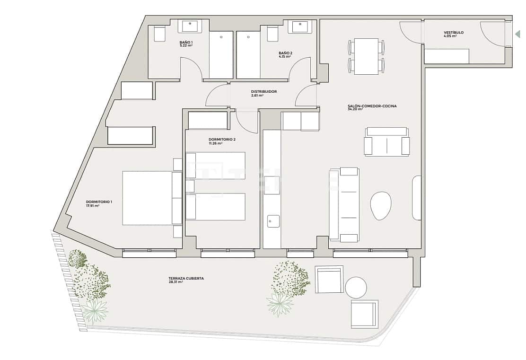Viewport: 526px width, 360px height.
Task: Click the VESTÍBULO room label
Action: point(454,33)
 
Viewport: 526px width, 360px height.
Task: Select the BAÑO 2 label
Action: point(286,53)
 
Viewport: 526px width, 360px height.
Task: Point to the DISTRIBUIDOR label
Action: point(263,91)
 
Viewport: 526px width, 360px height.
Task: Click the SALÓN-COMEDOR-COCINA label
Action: point(368,105)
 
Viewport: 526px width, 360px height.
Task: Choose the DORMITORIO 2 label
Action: point(222,139)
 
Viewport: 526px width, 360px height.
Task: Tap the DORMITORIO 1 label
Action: point(99,202)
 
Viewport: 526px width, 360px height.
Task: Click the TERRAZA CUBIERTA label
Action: point(186,278)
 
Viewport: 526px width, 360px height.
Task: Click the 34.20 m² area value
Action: point(355,109)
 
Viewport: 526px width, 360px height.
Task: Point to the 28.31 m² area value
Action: point(175,282)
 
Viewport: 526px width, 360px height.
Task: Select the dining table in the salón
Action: point(366,56)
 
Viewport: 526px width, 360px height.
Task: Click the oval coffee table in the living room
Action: point(381,206)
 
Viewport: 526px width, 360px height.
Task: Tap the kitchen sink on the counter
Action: point(273,221)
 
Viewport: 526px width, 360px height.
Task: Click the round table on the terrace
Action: point(356,288)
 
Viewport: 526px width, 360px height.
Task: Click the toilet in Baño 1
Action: point(160,34)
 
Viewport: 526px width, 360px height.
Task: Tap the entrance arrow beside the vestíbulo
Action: point(517,34)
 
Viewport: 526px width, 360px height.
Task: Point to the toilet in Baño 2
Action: point(273,34)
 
